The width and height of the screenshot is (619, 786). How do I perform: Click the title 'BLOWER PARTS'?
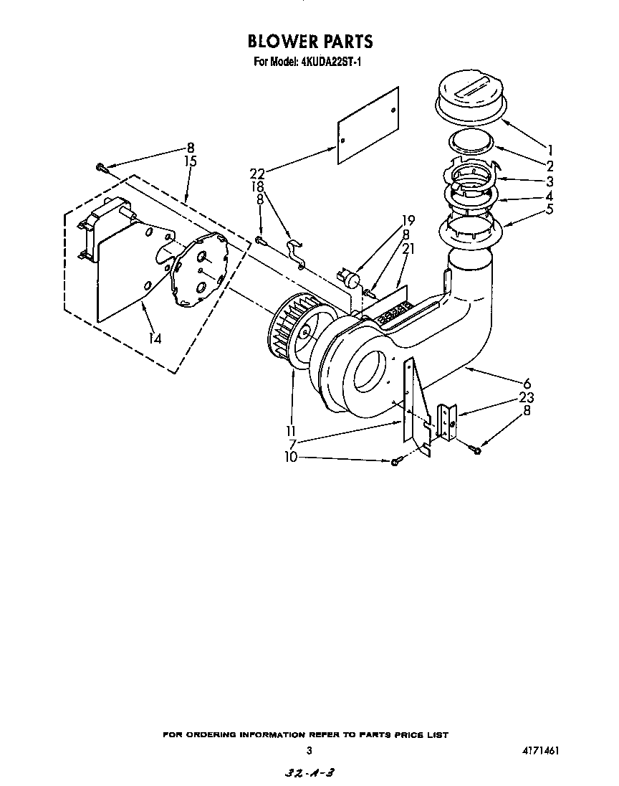(309, 41)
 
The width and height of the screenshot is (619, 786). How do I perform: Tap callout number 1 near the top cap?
(550, 150)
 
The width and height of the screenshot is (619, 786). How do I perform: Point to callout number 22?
(257, 173)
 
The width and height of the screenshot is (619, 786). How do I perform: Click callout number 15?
(191, 161)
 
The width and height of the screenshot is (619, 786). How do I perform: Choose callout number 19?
(408, 220)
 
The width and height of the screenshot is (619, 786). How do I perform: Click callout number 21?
(408, 249)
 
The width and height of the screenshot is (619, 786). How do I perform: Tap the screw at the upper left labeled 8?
(101, 168)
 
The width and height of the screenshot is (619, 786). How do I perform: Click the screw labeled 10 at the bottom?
(394, 462)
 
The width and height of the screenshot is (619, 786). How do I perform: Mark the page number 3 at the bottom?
(309, 752)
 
